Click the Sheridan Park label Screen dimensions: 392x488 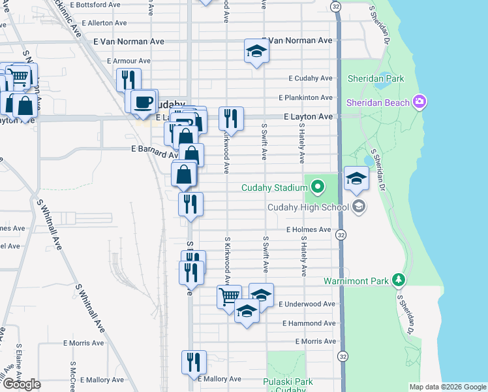pos(375,78)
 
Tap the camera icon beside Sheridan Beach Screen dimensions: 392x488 pos(419,102)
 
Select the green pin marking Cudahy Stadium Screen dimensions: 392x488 pos(318,188)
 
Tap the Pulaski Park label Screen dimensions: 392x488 pos(288,382)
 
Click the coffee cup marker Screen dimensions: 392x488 pos(144,101)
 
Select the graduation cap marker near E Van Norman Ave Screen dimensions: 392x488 pos(256,51)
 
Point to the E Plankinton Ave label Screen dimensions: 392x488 pos(305,98)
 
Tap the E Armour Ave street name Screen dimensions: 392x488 pos(129,61)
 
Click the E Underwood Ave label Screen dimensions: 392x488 pos(307,304)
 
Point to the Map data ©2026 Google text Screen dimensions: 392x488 pos(447,387)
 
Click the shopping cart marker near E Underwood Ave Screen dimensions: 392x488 pos(230,297)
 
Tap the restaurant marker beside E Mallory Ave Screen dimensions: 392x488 pos(194,362)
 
